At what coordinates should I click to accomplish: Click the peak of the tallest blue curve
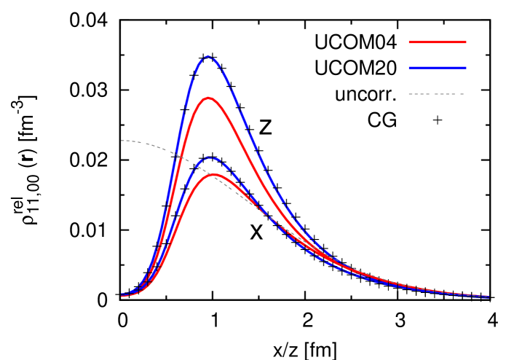pos(208,56)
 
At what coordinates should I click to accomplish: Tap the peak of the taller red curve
pos(208,98)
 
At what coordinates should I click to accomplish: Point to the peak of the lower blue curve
pos(210,157)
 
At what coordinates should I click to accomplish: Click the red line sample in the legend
pos(437,42)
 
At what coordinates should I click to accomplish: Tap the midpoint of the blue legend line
pos(437,68)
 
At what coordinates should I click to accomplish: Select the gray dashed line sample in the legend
pos(435,94)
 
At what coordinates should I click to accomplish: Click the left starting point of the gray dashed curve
pos(122,141)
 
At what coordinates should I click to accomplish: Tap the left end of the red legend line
pos(409,42)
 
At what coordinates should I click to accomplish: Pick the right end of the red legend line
pos(466,42)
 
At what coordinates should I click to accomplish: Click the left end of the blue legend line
pos(409,68)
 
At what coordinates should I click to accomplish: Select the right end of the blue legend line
pos(466,68)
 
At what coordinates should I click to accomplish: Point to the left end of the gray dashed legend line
pos(409,94)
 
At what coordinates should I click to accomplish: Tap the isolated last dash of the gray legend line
pos(461,94)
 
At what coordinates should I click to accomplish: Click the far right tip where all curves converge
pos(488,297)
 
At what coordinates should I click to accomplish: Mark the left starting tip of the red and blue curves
pos(122,295)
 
